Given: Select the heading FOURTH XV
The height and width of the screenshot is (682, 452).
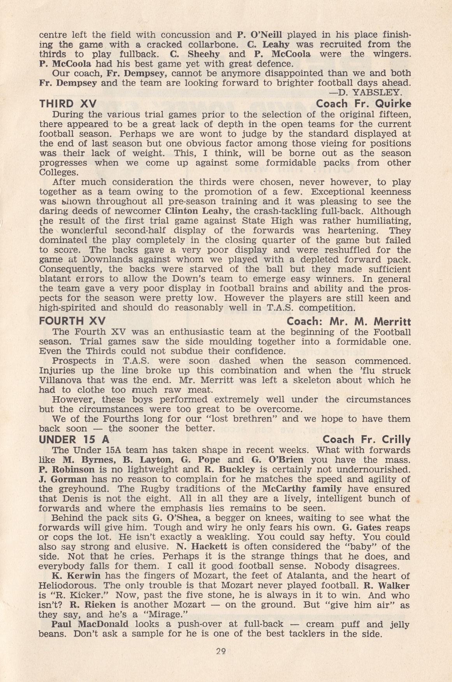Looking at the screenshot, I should click(72, 321).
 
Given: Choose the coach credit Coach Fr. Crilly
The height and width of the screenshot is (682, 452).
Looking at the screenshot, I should click(366, 440).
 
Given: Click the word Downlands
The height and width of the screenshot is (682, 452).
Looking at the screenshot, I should click(106, 259).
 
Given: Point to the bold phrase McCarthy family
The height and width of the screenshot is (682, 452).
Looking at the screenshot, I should click(302, 489).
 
